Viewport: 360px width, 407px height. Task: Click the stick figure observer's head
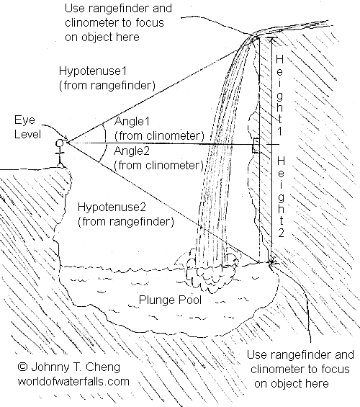(61, 143)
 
